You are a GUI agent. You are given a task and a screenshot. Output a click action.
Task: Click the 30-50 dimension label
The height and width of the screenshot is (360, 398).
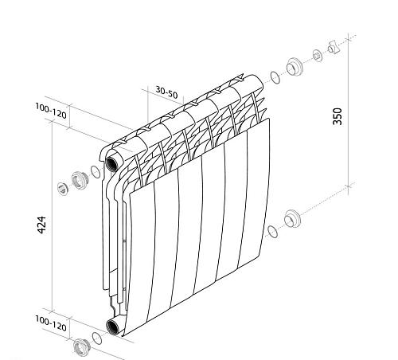coord(166,92)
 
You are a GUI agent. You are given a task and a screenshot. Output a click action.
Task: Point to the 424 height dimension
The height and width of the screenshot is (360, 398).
coord(41,225)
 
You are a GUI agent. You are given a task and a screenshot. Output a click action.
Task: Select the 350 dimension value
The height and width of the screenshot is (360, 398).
coord(338,116)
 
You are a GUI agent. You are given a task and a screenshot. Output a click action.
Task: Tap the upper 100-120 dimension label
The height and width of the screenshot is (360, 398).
coord(51,111)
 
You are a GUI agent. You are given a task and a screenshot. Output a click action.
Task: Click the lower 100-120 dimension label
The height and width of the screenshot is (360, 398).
coord(51,323)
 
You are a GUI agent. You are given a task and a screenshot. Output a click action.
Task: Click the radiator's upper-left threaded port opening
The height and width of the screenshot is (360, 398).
coord(111,163)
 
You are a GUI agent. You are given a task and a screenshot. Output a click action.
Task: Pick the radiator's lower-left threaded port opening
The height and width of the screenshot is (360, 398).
coord(111,327)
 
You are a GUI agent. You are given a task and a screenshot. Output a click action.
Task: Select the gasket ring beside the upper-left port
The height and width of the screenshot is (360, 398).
coord(96,172)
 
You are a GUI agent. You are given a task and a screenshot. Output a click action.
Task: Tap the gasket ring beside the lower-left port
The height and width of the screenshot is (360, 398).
coord(97,338)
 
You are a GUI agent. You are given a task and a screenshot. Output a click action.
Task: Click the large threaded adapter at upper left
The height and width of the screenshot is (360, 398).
coord(79,181)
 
